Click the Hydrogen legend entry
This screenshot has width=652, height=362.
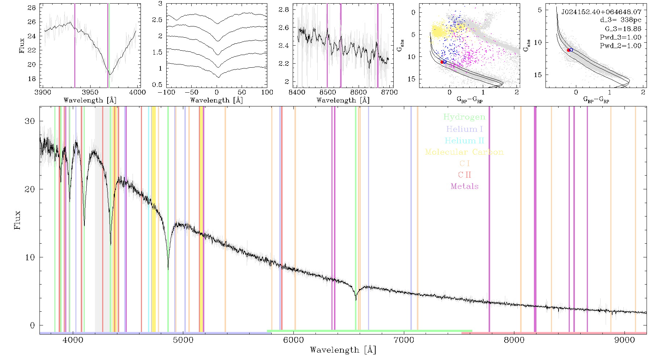pos(464,117)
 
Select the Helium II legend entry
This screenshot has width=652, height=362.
pos(464,140)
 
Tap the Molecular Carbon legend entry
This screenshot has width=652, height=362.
pos(464,152)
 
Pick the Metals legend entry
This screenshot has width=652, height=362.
pos(464,186)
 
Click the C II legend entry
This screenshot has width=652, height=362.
pos(464,175)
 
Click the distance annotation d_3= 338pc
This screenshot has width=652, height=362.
pos(620,20)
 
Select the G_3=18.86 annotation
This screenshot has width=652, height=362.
pos(623,29)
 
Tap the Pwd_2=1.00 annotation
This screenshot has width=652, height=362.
pos(620,46)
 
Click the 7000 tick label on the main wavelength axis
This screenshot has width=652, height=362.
pos(404,340)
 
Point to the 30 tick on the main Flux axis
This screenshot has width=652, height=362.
pos(30,121)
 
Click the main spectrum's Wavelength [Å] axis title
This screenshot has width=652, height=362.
pos(343,350)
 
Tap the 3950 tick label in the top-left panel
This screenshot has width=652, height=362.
pos(90,92)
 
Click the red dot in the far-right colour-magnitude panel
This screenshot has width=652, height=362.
pos(568,50)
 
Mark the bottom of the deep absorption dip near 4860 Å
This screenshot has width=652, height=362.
pos(168,269)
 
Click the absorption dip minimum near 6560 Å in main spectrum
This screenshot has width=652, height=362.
pos(356,300)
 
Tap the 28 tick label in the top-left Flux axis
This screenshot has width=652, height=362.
pos(32,8)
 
